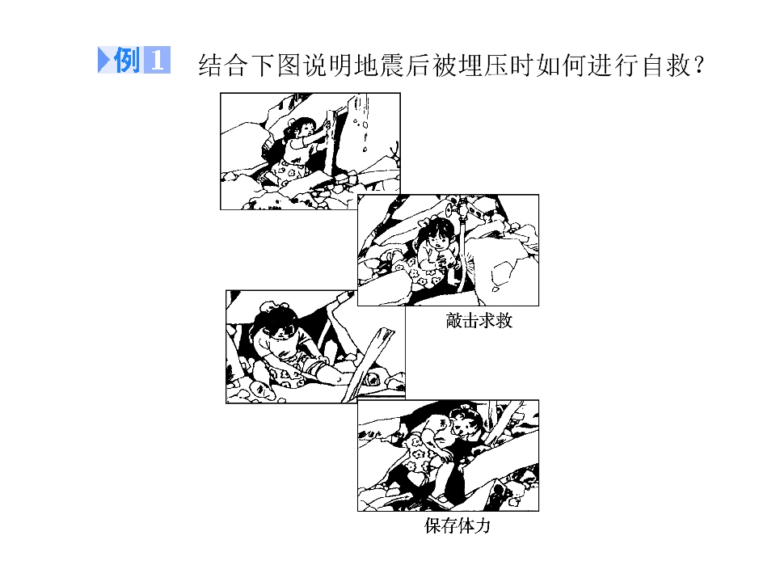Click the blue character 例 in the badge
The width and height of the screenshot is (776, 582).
pyautogui.click(x=127, y=60)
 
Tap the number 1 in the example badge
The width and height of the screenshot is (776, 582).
pyautogui.click(x=157, y=61)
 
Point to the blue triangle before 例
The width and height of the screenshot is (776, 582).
pyautogui.click(x=104, y=60)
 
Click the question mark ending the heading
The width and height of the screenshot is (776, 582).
pyautogui.click(x=698, y=65)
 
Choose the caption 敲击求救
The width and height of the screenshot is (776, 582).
pyautogui.click(x=479, y=321)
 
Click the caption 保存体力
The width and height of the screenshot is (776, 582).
pyautogui.click(x=458, y=525)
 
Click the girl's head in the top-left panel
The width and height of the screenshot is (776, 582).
pyautogui.click(x=302, y=128)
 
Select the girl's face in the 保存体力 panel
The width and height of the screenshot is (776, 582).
pyautogui.click(x=466, y=426)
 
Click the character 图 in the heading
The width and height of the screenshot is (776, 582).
pyautogui.click(x=289, y=65)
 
